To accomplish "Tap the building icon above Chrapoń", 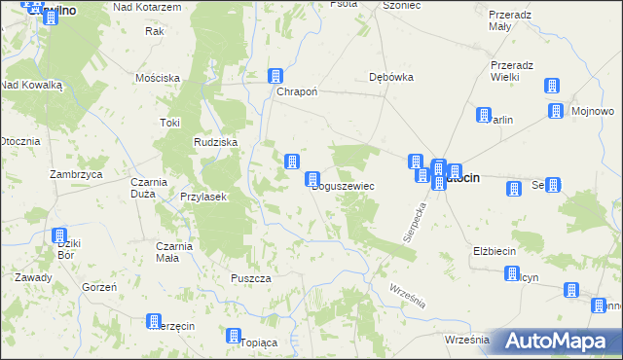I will pos(276,76).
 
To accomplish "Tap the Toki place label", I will pos(170,123).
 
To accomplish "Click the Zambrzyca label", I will pos(77,174).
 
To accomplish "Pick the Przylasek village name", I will pos(203,197).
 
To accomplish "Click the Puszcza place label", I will pos(251,278).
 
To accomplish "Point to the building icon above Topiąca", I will pos(234,337).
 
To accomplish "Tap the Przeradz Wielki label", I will pos(511,71).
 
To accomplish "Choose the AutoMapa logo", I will pos(556,342).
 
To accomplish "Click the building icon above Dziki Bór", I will pos(59,236).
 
